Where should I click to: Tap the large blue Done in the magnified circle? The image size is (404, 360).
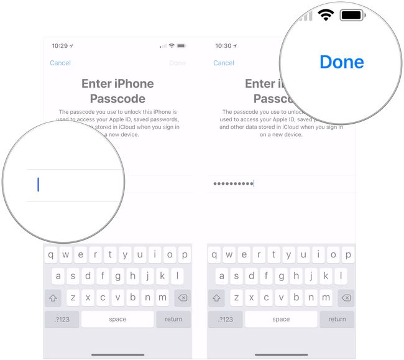click(341, 62)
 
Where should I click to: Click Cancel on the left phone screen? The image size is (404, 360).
click(60, 63)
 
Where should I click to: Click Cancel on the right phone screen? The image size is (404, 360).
click(224, 63)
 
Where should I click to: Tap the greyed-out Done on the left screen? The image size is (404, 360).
click(177, 63)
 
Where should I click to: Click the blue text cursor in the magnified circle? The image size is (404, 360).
click(38, 185)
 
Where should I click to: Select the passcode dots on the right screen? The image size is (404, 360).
click(233, 183)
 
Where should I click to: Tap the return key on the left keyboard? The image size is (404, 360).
click(173, 319)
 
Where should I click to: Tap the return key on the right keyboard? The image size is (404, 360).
click(337, 319)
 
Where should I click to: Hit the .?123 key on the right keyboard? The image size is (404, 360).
click(225, 319)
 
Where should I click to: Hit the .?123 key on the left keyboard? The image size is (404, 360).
click(62, 319)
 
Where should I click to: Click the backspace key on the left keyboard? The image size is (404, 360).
click(182, 298)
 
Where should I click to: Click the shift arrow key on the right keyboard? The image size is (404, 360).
click(216, 298)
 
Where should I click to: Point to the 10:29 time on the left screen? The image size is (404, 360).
click(60, 46)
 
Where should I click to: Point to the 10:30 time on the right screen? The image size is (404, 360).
click(223, 46)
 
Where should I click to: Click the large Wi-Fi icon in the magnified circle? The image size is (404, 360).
click(325, 15)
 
